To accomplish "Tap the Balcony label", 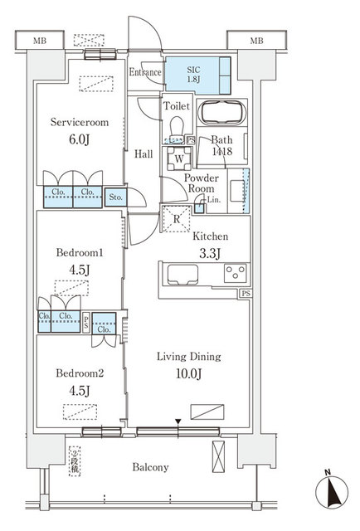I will [149, 467].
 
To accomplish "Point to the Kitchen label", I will [210, 236].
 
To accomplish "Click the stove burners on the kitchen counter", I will [234, 272].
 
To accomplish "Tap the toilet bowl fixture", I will [176, 125].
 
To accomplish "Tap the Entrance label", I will [145, 72].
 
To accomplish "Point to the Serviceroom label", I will [80, 121].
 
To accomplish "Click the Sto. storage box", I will [114, 197].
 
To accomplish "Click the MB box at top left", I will [39, 40].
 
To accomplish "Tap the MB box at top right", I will [257, 40].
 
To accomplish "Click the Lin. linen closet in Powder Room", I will [212, 200].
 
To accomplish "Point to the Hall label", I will [142, 153].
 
